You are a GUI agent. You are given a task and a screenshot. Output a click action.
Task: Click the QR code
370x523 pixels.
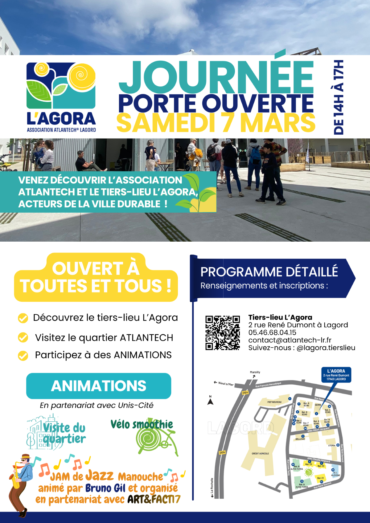coord(222,333)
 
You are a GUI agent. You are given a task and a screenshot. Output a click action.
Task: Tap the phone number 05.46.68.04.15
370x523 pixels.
coord(272,333)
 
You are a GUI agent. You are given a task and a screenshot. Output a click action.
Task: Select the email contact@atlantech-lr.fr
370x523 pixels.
coord(290,340)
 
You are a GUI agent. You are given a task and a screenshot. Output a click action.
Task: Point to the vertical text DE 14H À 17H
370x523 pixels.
coord(339,97)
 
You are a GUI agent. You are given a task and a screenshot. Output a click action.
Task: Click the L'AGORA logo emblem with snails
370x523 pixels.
coord(61,85)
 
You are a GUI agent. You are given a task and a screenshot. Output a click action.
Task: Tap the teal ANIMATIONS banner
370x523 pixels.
coord(99,386)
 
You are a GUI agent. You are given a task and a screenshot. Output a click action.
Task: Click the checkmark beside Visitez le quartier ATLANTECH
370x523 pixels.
coord(23,338)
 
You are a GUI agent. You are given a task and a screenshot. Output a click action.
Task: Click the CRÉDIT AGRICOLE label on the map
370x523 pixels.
coord(260,453)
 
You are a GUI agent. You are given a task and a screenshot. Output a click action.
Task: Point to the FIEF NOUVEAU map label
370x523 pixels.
coord(274,402)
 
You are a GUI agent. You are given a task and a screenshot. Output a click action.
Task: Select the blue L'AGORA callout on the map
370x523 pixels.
coord(336,375)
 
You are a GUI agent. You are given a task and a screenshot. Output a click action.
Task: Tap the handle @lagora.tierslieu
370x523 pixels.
coord(326,348)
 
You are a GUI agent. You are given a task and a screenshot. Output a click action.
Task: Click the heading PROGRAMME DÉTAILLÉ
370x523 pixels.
coord(269,272)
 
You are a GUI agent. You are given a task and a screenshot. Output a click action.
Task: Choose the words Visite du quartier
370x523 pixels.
coord(64,433)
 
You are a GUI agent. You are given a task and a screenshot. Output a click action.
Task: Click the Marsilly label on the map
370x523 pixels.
coord(255,372)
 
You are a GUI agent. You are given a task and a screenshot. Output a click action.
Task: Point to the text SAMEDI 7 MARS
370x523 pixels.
coord(216,123)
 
